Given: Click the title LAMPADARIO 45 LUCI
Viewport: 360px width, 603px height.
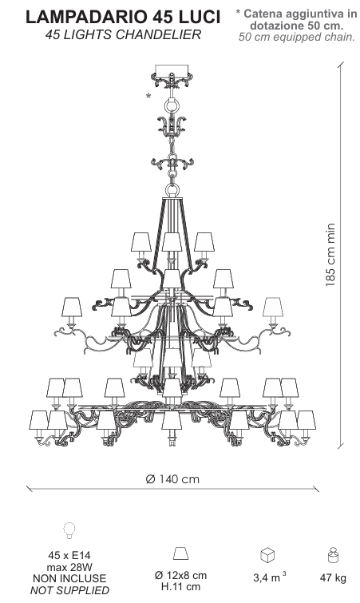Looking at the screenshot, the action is click(123, 17).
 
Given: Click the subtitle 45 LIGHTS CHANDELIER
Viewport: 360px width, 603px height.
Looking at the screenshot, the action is click(123, 34).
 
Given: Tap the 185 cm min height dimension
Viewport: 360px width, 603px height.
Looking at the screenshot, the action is click(330, 255).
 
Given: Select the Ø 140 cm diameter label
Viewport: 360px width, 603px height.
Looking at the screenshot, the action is click(172, 479).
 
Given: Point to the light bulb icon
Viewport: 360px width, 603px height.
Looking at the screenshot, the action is click(69, 530).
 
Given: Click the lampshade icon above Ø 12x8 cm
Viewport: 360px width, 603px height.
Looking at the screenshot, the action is click(180, 553).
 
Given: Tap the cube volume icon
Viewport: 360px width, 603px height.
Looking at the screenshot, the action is click(267, 555).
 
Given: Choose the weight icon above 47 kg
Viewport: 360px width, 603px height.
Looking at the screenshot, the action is click(332, 555).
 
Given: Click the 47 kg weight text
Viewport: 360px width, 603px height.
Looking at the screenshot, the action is click(333, 577).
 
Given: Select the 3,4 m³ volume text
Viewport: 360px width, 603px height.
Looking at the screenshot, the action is click(269, 577).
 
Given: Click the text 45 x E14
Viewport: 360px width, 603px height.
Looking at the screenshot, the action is click(69, 555).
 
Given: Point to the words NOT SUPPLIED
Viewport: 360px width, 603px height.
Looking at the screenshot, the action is click(69, 590).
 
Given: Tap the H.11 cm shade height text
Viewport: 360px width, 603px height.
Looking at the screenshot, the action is click(180, 587).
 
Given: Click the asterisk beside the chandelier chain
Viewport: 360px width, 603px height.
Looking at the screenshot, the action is click(148, 96).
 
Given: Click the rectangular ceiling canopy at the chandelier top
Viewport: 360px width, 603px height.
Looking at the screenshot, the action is click(172, 69).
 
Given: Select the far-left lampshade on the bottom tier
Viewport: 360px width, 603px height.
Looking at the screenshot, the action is click(39, 420).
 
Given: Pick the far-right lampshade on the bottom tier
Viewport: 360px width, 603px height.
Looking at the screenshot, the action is click(307, 420).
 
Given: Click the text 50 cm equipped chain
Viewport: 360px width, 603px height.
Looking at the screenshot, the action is click(296, 37).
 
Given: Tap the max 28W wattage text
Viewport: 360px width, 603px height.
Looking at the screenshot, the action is click(69, 567).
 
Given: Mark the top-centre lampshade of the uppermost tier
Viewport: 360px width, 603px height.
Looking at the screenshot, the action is click(172, 242).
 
